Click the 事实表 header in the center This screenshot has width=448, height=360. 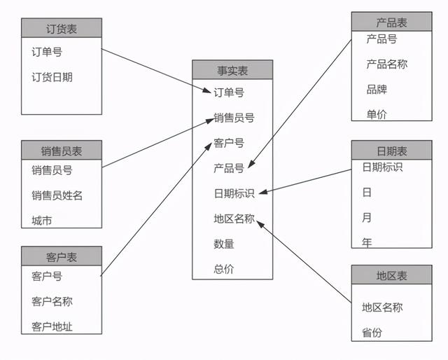click(232, 70)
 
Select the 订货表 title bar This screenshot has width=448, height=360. click(62, 28)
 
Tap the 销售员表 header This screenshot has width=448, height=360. click(62, 150)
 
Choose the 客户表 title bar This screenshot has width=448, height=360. click(62, 256)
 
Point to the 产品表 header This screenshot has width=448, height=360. click(391, 22)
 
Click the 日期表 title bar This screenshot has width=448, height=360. click(391, 150)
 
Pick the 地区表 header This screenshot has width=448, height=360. click(391, 275)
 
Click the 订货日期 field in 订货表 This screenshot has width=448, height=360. click(52, 77)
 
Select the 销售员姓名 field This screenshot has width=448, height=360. click(57, 195)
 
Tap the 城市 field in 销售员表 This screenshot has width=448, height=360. click(42, 221)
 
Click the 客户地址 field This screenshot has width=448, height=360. click(52, 326)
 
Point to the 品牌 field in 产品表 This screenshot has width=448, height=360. click(377, 90)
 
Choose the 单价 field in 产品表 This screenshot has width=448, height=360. click(377, 115)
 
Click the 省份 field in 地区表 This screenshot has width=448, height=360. click(372, 333)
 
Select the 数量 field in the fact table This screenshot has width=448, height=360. click(224, 244)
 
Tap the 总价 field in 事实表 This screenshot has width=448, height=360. click(224, 269)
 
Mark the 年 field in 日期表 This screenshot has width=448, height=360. click(367, 243)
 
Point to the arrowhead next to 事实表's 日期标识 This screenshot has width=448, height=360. click(263, 192)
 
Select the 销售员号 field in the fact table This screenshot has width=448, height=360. click(234, 118)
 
